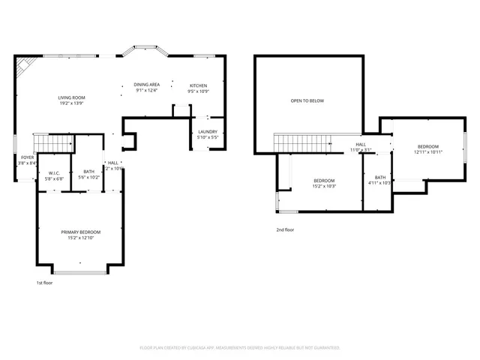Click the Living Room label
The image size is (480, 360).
[x=72, y=97]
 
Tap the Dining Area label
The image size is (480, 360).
[x=146, y=84]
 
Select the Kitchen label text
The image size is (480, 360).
[x=198, y=86]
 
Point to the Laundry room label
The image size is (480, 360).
[x=207, y=132]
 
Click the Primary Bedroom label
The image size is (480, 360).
[x=80, y=232]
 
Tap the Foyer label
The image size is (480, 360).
[x=27, y=157]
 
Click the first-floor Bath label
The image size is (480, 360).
[x=88, y=172]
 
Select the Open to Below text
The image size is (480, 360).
[x=307, y=100]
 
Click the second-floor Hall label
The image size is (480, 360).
[x=361, y=144]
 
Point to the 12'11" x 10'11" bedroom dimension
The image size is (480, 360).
[x=428, y=152]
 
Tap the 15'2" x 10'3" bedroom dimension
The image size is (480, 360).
[x=324, y=186]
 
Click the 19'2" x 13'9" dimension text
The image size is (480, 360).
[x=72, y=103]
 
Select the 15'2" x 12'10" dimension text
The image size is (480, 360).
[x=80, y=238]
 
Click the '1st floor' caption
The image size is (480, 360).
[x=45, y=283]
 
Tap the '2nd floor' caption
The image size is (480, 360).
[x=285, y=230]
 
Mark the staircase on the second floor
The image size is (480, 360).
[x=301, y=142]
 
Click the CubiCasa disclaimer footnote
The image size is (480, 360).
[x=240, y=348]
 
